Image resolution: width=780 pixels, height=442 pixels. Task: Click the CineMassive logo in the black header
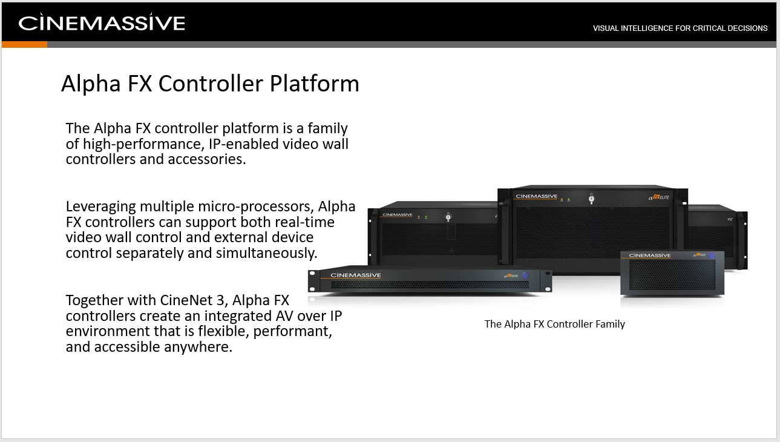(101, 22)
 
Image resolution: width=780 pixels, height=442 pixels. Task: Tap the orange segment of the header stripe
(24, 45)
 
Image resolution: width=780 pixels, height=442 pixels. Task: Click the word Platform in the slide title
(315, 84)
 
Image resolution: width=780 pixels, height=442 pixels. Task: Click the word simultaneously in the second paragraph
(266, 253)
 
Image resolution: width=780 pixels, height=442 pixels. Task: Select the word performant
(292, 331)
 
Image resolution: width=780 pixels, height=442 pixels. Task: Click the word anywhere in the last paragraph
(198, 347)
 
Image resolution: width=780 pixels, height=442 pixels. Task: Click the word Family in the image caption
(610, 324)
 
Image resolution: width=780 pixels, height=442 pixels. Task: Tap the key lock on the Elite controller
(591, 199)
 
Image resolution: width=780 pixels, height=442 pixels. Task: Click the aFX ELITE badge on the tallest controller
(658, 197)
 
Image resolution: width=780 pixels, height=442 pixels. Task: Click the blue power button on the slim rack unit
(525, 275)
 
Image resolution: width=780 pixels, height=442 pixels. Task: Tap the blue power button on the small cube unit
(712, 256)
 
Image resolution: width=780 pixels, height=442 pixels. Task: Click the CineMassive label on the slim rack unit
(355, 275)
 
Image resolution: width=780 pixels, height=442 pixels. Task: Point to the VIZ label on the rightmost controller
(730, 219)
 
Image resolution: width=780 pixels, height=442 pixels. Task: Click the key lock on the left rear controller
(448, 217)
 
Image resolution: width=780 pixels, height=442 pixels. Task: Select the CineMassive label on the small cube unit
(649, 256)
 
